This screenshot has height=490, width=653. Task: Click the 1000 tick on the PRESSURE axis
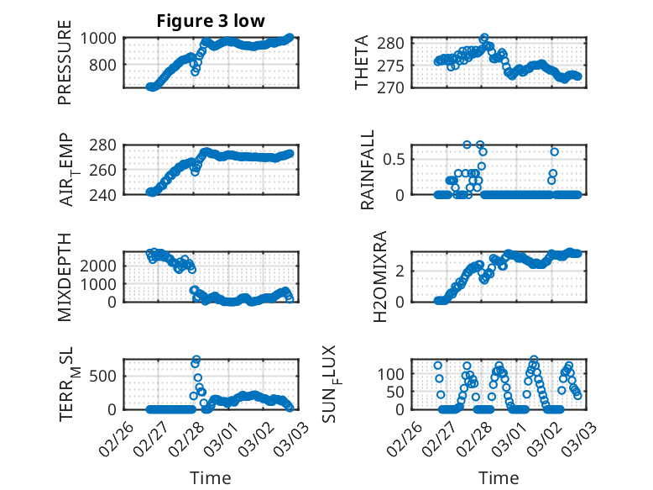click(x=101, y=38)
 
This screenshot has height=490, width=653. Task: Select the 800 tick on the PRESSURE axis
click(x=105, y=65)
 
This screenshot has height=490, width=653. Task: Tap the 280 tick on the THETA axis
click(x=397, y=43)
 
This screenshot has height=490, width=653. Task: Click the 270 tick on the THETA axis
click(x=397, y=87)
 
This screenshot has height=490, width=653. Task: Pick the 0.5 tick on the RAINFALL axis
click(x=400, y=158)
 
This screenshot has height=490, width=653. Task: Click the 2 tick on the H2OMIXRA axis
click(x=405, y=270)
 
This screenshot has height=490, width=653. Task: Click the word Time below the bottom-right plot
click(x=499, y=478)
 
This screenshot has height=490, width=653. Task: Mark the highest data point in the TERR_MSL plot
click(x=196, y=360)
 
